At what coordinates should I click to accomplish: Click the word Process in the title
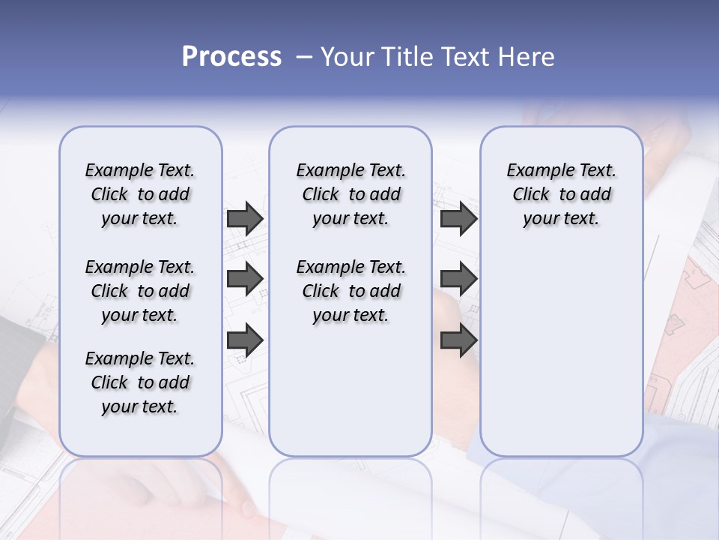click(x=231, y=57)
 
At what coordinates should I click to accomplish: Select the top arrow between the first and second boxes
click(x=245, y=218)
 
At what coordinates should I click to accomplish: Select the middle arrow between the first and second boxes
click(x=245, y=279)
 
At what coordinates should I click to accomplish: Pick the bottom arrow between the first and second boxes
click(x=245, y=340)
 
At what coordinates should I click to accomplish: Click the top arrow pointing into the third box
click(x=458, y=218)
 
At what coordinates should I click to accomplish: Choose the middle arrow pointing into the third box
click(x=458, y=279)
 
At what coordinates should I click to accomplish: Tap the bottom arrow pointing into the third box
click(x=458, y=340)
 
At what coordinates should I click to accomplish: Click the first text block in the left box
click(x=140, y=194)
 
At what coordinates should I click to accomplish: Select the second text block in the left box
click(x=140, y=291)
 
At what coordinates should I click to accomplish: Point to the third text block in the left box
click(x=140, y=382)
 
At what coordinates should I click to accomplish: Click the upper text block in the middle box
click(x=351, y=194)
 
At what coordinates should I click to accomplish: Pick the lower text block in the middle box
click(x=351, y=291)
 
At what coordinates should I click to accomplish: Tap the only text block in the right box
click(x=562, y=194)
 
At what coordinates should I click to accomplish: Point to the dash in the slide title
click(x=304, y=57)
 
